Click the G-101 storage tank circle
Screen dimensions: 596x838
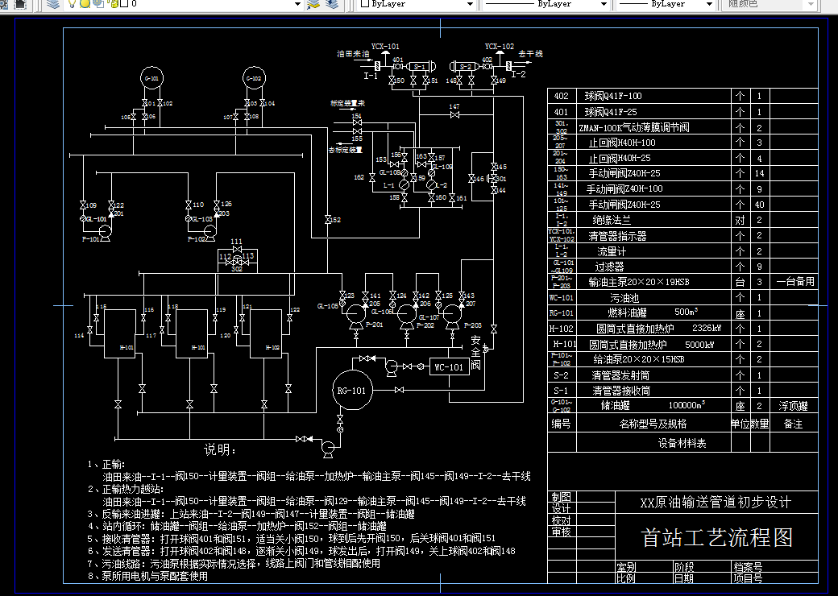point(151,78)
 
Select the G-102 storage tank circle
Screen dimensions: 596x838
point(254,78)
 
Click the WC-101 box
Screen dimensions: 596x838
point(449,367)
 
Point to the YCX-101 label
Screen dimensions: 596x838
point(385,47)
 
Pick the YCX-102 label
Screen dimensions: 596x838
point(499,47)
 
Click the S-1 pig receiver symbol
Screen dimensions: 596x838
point(419,66)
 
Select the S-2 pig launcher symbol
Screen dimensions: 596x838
point(466,66)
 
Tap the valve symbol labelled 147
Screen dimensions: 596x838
point(454,115)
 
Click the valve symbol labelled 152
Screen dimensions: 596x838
point(327,219)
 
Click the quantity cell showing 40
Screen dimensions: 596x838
point(759,205)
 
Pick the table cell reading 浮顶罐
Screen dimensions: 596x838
point(793,406)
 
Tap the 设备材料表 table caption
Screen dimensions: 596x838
point(682,443)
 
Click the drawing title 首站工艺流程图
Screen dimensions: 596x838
point(717,537)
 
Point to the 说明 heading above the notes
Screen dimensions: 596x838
point(219,449)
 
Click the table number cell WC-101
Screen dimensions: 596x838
point(562,297)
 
